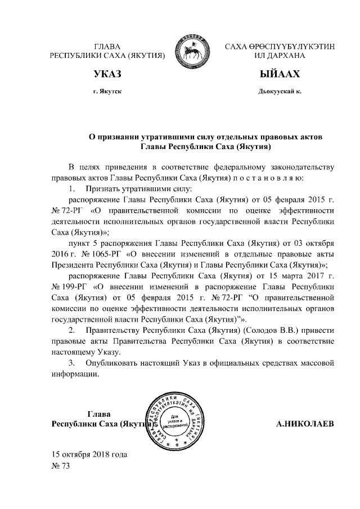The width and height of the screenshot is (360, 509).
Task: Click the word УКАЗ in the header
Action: coord(107,74)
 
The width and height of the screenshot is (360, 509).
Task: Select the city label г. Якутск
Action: coord(107,91)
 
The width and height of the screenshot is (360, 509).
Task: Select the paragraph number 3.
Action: coord(71,363)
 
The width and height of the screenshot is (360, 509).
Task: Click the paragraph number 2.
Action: coord(71,331)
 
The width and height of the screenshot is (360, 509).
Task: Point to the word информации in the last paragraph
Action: coord(75,374)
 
